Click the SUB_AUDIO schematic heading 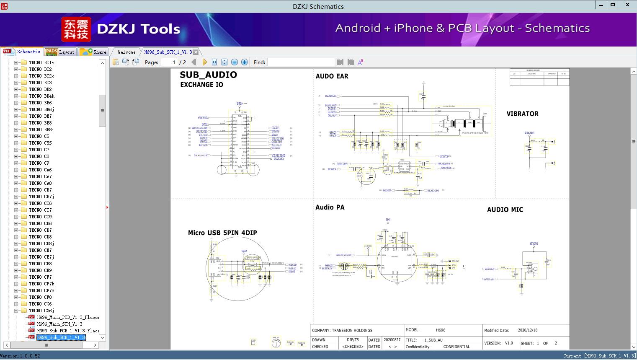coord(208,75)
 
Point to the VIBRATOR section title coord(522,114)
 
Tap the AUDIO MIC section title coord(505,210)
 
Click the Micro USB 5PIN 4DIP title coord(222,233)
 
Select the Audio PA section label coord(330,207)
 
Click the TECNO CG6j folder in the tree coord(41,311)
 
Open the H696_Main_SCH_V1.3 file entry coord(59,324)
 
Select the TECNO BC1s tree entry coord(41,62)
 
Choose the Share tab coord(94,52)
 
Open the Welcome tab coord(126,52)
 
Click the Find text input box coord(301,62)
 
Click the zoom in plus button coord(245,62)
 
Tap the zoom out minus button coord(235,62)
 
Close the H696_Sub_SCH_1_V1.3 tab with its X coord(196,52)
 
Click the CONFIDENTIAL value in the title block coord(456,347)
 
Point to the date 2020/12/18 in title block coord(527,330)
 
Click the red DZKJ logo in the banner coord(76,29)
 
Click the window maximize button coord(612,5)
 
